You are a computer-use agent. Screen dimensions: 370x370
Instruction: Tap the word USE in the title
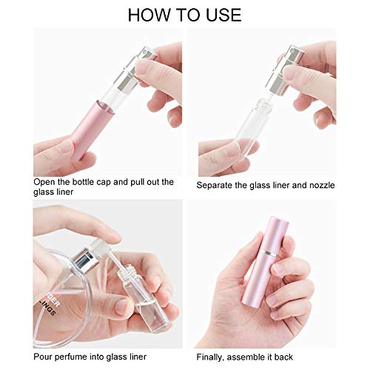[x=221, y=14]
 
